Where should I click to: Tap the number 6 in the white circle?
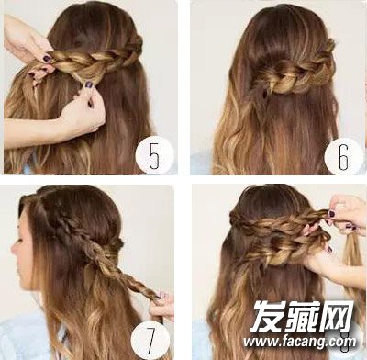[343, 158]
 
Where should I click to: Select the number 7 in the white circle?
[150, 339]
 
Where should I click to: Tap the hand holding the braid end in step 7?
[163, 306]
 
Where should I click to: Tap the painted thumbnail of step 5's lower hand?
[88, 84]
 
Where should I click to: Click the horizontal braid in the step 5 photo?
[95, 60]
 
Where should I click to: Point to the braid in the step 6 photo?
[294, 72]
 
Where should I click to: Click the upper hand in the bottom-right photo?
[346, 214]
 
